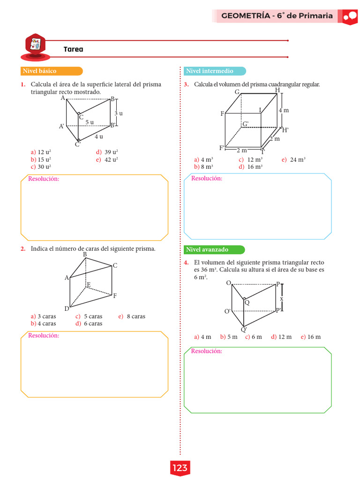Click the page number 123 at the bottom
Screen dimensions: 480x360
pyautogui.click(x=180, y=468)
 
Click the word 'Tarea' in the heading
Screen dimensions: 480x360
pyautogui.click(x=73, y=49)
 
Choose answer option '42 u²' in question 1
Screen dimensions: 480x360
pyautogui.click(x=111, y=159)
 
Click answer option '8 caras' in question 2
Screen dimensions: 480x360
pyautogui.click(x=135, y=316)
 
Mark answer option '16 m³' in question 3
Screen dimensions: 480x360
pyautogui.click(x=255, y=166)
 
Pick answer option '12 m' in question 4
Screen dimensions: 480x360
pyautogui.click(x=285, y=337)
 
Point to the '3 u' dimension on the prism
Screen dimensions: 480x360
pyautogui.click(x=119, y=113)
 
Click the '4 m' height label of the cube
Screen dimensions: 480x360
pyautogui.click(x=284, y=110)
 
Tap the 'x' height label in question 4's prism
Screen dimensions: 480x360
pyautogui.click(x=282, y=298)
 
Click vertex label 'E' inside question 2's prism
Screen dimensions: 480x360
pyautogui.click(x=88, y=285)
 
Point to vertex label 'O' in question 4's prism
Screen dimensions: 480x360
pyautogui.click(x=228, y=283)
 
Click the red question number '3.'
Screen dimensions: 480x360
pyautogui.click(x=186, y=85)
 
